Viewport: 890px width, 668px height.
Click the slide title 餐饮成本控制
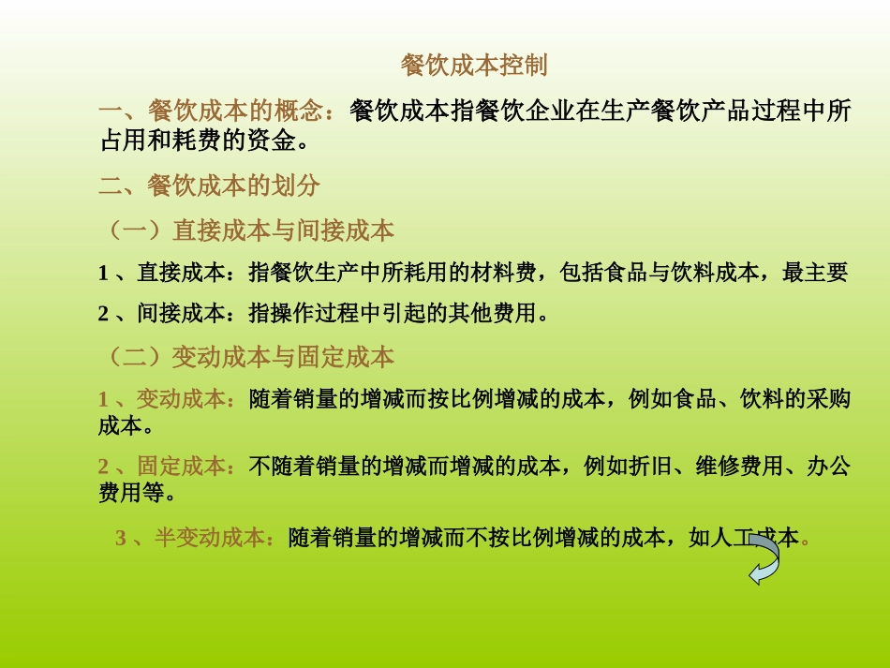474,66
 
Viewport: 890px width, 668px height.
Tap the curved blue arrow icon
764,559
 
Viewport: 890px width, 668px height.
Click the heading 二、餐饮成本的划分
210,186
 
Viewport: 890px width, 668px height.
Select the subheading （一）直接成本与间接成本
247,230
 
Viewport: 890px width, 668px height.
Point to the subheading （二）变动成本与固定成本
247,357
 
